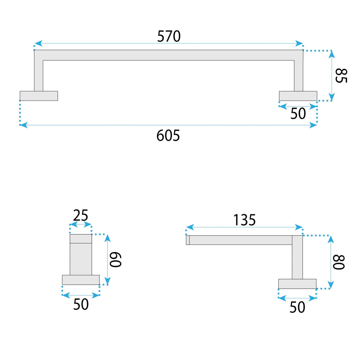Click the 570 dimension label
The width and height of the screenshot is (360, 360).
(x=169, y=36)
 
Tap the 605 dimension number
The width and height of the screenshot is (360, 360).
(x=168, y=135)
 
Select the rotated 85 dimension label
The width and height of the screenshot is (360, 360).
(x=341, y=76)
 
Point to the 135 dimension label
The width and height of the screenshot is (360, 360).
(x=244, y=220)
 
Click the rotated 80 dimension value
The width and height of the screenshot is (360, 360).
(x=339, y=262)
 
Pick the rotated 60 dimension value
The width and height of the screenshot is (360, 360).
(x=115, y=259)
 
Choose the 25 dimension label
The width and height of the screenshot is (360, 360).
(x=81, y=216)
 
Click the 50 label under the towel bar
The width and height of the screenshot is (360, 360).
(x=298, y=114)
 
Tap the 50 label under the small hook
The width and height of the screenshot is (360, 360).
(x=81, y=304)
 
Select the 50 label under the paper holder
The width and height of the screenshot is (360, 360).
(x=297, y=307)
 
